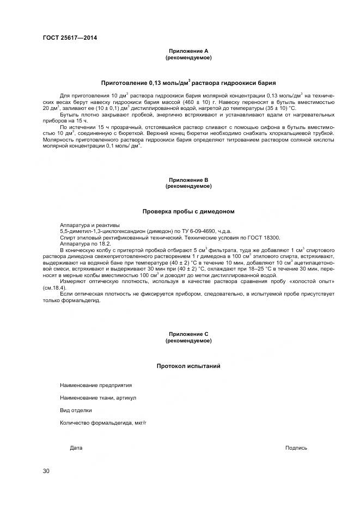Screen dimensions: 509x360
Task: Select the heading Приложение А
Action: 188,51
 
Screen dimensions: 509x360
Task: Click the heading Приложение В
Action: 188,180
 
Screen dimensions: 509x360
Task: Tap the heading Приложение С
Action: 188,334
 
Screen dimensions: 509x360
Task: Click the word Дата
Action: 76,448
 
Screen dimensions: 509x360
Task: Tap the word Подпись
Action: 296,448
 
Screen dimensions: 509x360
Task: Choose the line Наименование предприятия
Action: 96,385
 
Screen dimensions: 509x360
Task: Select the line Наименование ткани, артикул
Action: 98,397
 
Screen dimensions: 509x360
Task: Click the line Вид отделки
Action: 76,410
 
